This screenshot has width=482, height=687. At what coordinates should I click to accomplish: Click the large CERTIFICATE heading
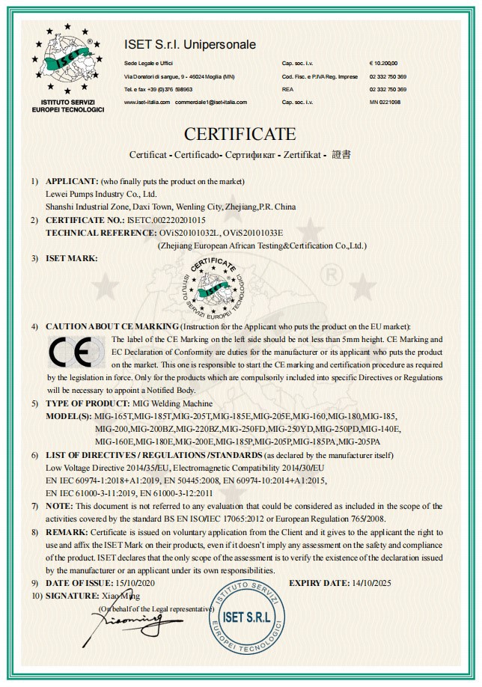240,134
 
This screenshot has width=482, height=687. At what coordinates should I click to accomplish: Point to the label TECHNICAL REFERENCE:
100,233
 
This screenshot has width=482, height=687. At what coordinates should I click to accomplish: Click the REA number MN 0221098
386,101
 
